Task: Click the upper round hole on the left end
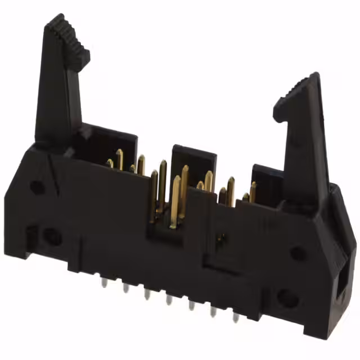[x=37, y=187]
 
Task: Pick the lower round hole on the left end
[x=53, y=237]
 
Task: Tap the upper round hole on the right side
[x=298, y=253]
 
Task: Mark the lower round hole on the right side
[x=287, y=298]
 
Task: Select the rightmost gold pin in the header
[x=253, y=191]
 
